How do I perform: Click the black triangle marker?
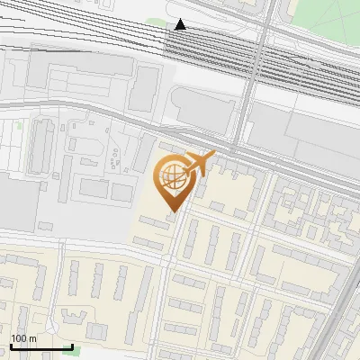click(181, 24)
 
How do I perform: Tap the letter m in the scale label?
click(32, 338)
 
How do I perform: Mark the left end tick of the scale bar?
click(11, 346)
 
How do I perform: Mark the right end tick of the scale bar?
click(72, 346)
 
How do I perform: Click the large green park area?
click(319, 18)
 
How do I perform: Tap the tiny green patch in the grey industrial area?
click(20, 125)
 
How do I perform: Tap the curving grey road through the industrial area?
click(117, 112)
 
